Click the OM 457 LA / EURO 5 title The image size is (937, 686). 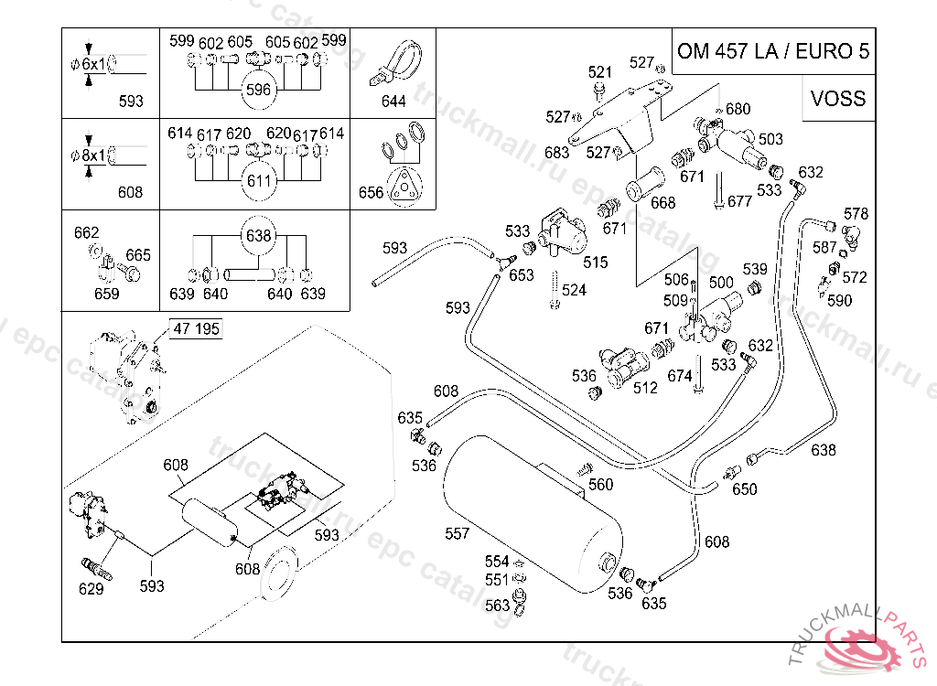(773, 51)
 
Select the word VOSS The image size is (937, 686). (838, 98)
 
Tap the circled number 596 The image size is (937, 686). (258, 90)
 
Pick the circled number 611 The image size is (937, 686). (259, 180)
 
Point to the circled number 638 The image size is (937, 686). (258, 235)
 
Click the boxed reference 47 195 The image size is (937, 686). (196, 328)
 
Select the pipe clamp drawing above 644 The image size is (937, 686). (397, 63)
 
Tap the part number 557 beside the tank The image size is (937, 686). (457, 533)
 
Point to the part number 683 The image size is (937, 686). (556, 153)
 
